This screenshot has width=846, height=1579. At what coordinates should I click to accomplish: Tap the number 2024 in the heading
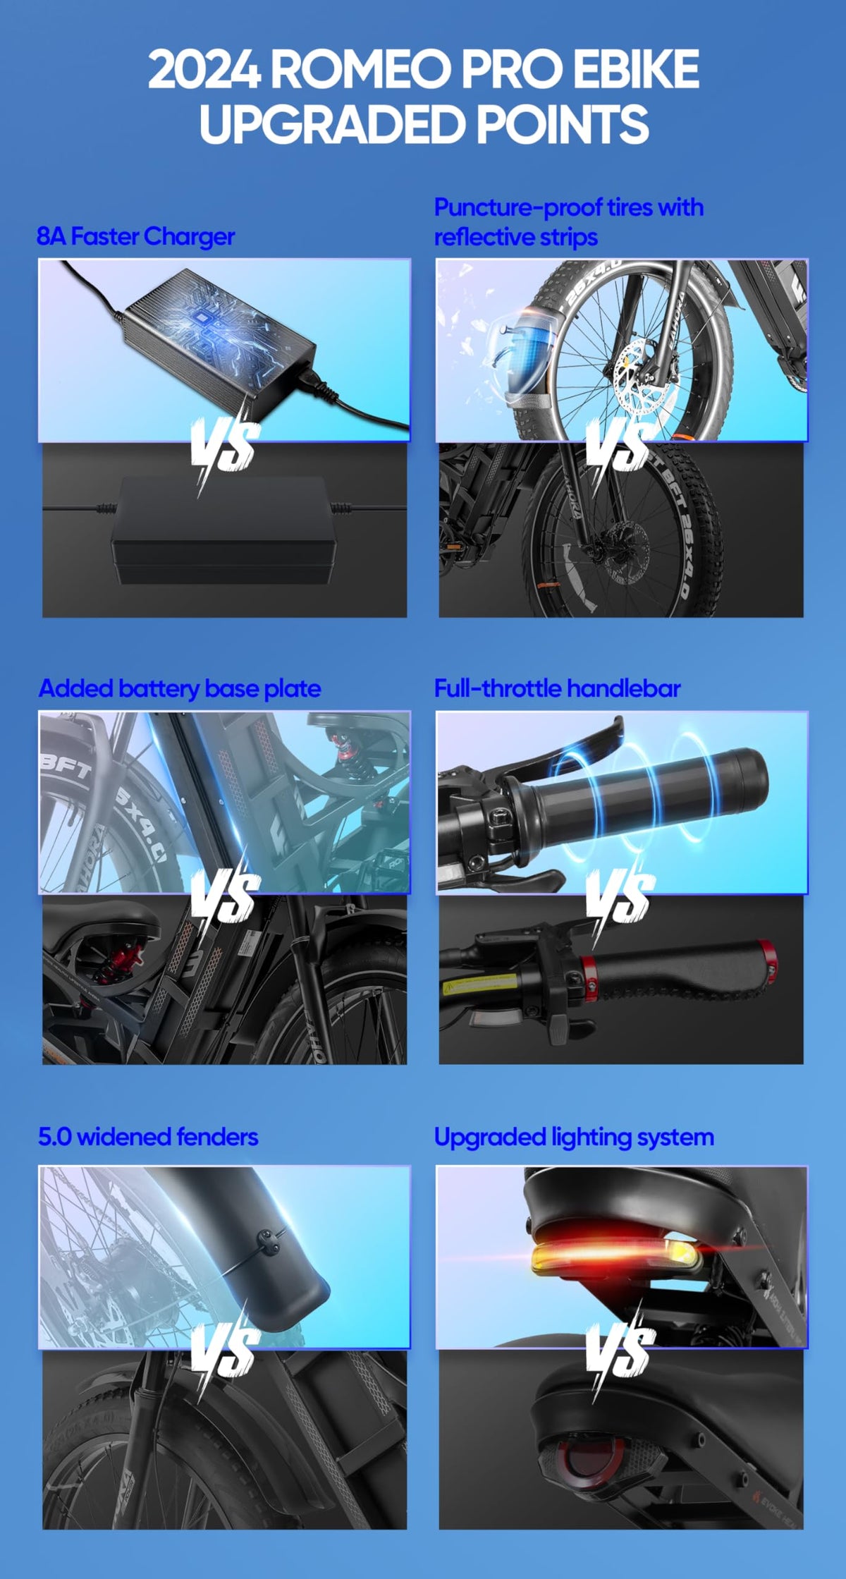click(204, 70)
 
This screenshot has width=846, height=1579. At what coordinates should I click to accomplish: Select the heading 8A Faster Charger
click(135, 236)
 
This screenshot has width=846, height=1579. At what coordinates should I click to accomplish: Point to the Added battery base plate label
click(180, 688)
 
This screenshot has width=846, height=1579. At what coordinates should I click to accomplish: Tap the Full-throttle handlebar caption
click(557, 688)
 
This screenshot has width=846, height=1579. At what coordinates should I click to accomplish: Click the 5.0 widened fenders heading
click(148, 1137)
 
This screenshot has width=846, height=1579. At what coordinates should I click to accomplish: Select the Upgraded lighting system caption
click(574, 1137)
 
